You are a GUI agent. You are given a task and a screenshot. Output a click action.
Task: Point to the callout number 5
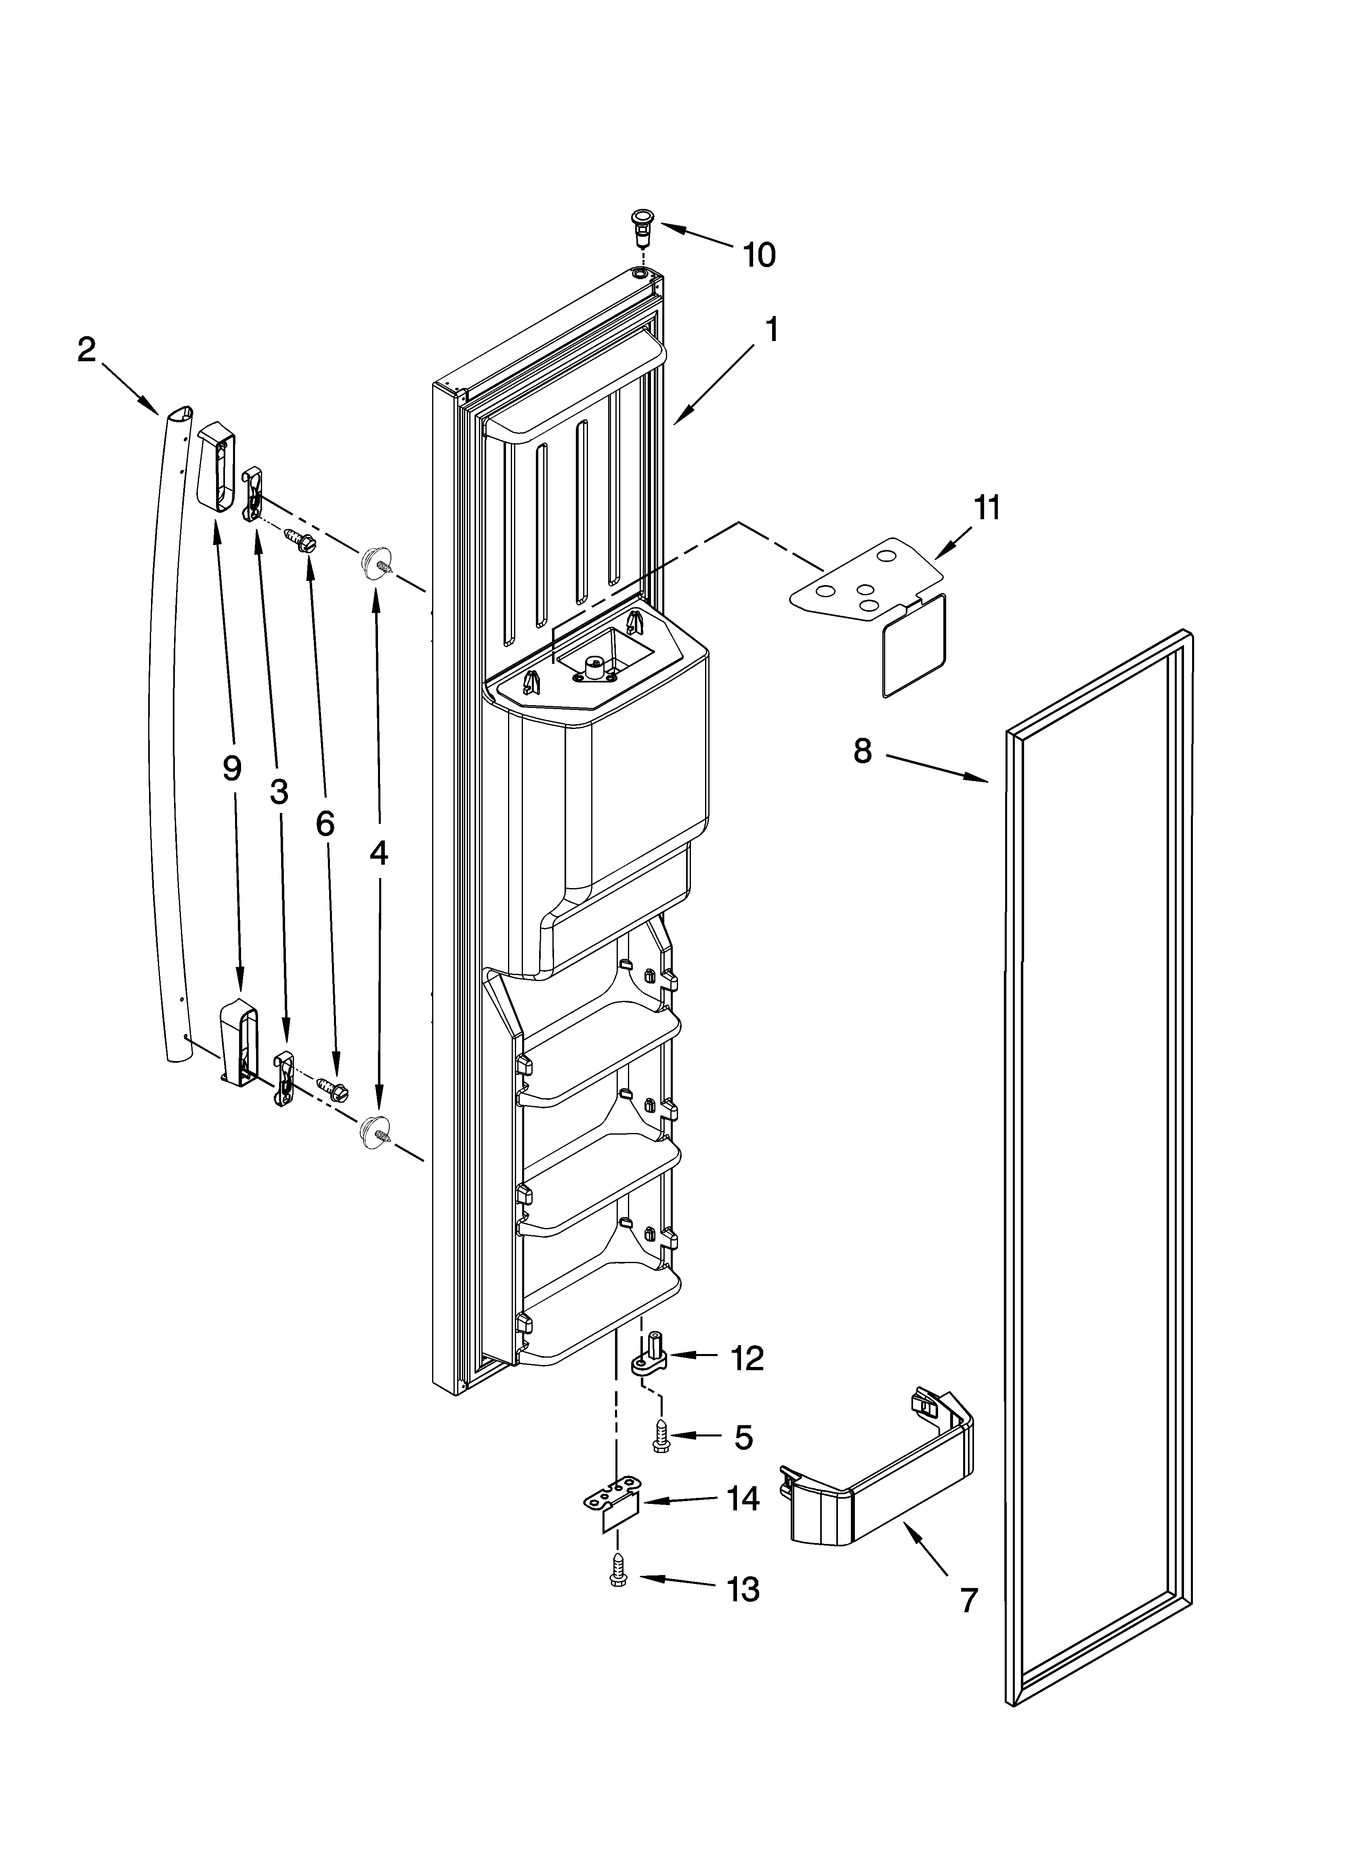click(x=743, y=1437)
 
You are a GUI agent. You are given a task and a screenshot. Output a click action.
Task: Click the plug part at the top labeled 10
click(x=640, y=225)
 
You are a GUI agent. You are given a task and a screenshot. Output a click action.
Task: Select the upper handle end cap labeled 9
click(x=216, y=465)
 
